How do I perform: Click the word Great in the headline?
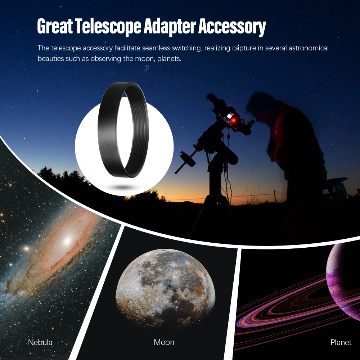coord(55,26)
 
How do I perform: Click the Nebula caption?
coord(40,342)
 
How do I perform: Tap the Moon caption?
coord(164,342)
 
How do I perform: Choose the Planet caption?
coord(341,342)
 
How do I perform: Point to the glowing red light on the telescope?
coord(233,120)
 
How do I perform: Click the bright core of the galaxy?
coord(67,240)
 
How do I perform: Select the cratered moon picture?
coord(165,288)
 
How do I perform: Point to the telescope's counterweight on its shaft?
coord(188,159)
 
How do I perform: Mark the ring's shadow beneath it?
coord(123,187)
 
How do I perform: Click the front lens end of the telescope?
coord(210,98)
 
